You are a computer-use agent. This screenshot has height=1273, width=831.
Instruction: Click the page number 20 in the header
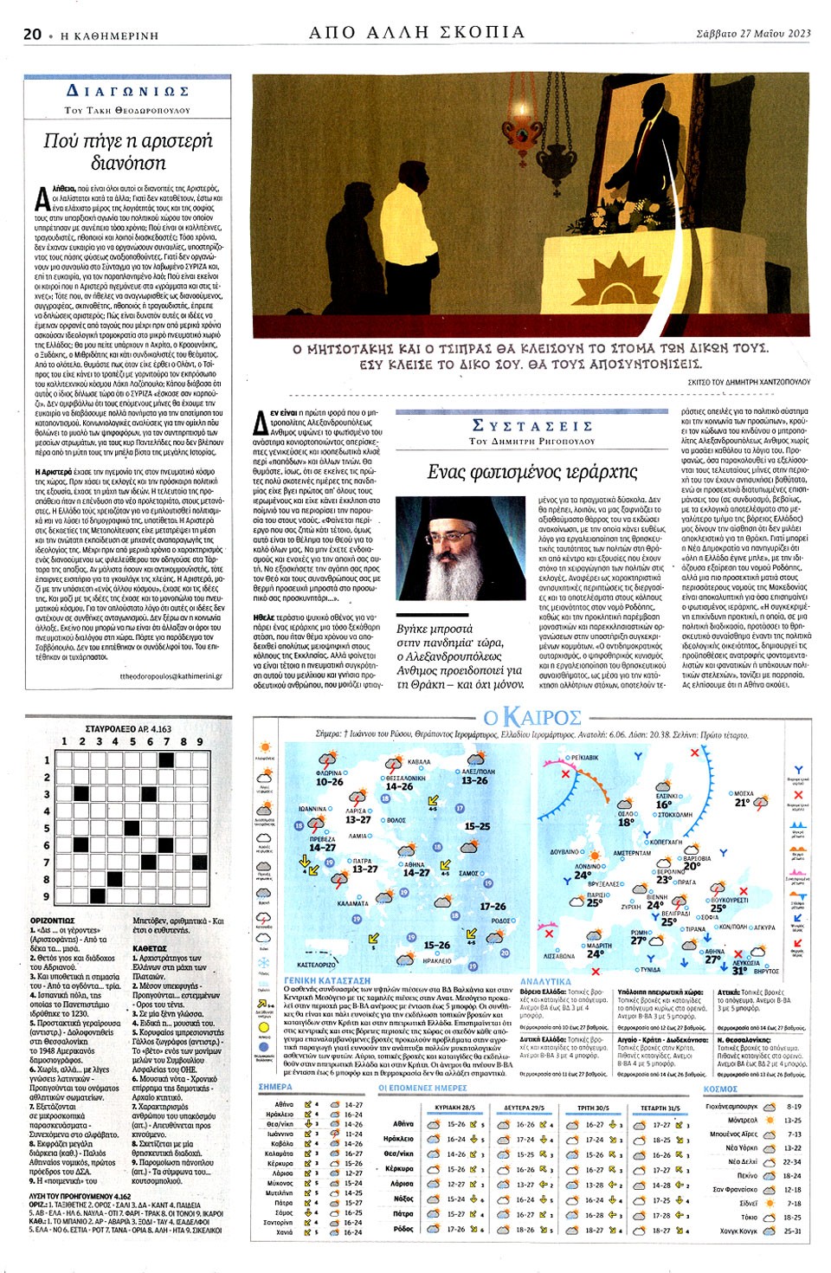(x=33, y=34)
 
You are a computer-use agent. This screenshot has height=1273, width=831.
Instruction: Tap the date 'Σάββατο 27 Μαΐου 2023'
(x=753, y=34)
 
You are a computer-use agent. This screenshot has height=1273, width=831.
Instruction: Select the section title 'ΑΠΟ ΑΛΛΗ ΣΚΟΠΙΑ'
(x=416, y=32)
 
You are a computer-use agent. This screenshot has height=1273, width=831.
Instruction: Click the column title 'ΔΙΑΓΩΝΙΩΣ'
(x=127, y=91)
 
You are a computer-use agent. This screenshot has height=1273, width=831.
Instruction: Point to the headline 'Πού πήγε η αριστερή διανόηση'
(x=127, y=151)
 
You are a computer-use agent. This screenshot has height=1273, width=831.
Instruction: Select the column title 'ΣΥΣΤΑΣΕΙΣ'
(x=532, y=425)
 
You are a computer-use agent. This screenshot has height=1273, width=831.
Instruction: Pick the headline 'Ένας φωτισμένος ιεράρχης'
(x=532, y=472)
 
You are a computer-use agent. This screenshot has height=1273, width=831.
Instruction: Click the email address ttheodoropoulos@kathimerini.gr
(x=171, y=676)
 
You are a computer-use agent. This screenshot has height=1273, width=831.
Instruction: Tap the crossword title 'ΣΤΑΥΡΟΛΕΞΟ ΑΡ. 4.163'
(x=128, y=729)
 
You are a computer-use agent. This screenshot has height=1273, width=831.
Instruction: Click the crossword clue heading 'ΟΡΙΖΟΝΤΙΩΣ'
(x=52, y=921)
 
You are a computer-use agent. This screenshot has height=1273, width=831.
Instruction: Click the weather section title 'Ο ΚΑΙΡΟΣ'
(x=532, y=718)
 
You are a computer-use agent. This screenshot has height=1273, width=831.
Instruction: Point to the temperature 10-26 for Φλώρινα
(x=329, y=782)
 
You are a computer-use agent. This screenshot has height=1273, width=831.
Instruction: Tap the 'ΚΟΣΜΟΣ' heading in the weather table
(x=720, y=1089)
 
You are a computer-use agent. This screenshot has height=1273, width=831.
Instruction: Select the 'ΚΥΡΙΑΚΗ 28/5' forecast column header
(x=454, y=1108)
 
